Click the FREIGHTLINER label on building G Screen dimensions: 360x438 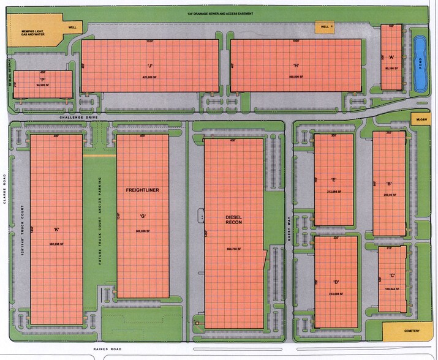click(142, 190)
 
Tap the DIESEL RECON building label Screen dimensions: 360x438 click(234, 220)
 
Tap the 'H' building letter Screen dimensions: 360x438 click(296, 66)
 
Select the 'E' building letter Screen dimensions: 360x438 click(334, 180)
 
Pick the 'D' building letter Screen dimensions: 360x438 click(336, 282)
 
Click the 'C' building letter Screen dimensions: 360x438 click(392, 276)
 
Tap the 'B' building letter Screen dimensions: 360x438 click(389, 184)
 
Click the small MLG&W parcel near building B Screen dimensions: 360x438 click(420, 121)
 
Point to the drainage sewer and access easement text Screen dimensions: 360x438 click(220, 13)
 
